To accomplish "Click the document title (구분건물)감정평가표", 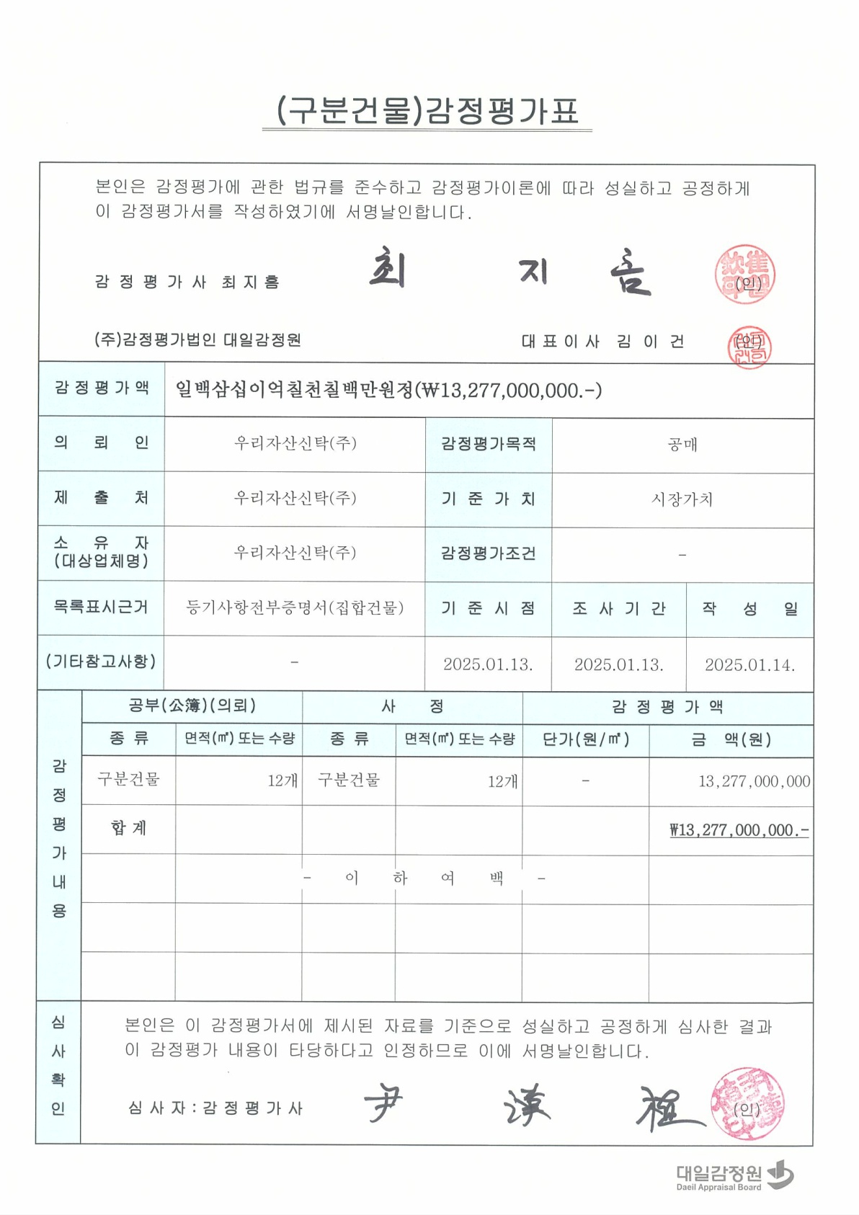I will point(427,111).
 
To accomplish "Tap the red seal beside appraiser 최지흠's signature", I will point(745,275).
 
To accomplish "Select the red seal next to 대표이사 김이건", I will point(749,347).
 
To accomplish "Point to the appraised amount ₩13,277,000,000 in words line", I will point(389,390).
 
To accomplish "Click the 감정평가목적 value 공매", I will point(682,445).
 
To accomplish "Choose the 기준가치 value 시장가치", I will point(682,499).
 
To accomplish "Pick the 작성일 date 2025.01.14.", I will point(749,664).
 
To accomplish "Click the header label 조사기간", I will point(618,609).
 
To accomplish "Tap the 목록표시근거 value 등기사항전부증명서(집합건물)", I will point(294,608).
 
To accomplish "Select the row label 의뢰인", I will point(101,443).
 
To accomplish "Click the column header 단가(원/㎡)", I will point(585,739).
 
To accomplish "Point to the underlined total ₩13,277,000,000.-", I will point(739,830).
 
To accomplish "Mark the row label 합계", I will point(129,828).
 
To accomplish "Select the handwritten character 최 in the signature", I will point(388,270).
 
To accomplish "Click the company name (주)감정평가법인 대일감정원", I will point(197,339).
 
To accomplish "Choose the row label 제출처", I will point(101,498).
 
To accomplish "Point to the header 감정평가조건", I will point(488,553).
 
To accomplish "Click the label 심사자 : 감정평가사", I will point(215,1108).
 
